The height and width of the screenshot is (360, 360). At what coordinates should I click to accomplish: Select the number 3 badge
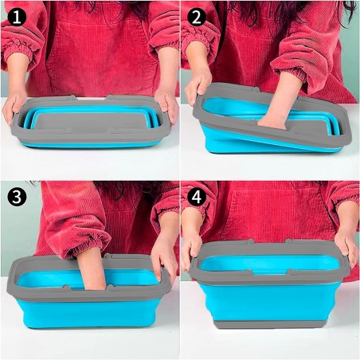(x=15, y=196)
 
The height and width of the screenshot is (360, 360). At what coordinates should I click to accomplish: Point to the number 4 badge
(x=196, y=196)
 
